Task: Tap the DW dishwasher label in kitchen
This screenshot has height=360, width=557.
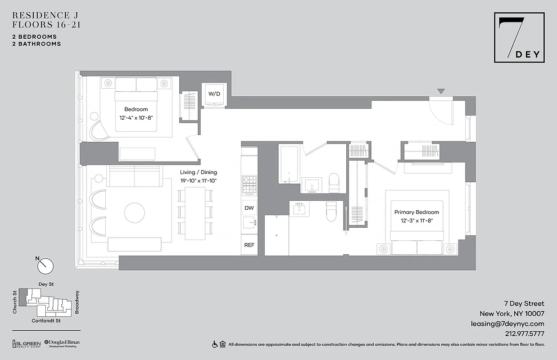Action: (249, 208)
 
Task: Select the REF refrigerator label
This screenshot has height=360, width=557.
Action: (249, 245)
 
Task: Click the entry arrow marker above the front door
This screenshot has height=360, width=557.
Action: (441, 91)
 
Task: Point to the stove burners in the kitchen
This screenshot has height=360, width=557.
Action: (249, 183)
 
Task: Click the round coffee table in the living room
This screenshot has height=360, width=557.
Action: (135, 213)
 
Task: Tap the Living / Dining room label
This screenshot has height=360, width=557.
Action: (198, 172)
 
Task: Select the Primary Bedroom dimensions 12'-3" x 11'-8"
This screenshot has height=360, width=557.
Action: (417, 220)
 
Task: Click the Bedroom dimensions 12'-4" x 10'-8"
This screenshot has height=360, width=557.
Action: (136, 117)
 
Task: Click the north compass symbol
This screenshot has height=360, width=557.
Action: (45, 265)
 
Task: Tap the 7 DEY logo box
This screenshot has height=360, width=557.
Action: (519, 37)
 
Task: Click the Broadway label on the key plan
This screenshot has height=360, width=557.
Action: (77, 301)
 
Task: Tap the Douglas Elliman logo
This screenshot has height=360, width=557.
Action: (62, 344)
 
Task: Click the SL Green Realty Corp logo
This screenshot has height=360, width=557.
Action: (26, 344)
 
